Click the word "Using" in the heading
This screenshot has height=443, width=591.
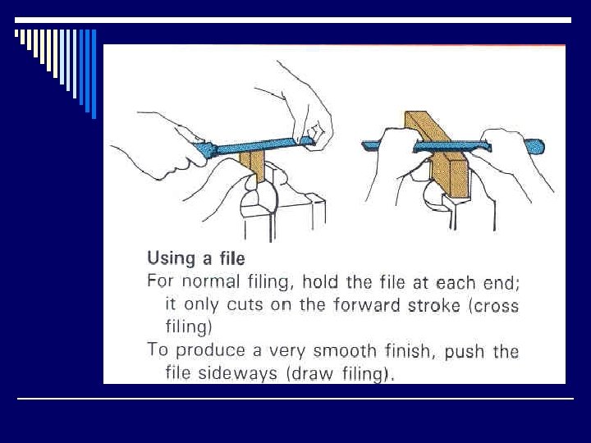tap(172, 259)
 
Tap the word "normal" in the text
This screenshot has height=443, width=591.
tap(211, 281)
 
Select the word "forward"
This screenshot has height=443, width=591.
tap(366, 304)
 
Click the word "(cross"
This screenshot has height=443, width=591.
tap(494, 305)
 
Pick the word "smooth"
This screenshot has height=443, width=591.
tap(345, 351)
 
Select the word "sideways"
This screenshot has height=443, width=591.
tap(237, 373)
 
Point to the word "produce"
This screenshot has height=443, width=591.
tap(210, 351)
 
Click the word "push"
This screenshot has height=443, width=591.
tap(465, 351)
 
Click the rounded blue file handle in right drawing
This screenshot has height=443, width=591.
tap(534, 147)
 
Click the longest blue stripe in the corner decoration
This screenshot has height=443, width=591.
tap(94, 74)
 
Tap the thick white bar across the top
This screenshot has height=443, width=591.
tap(293, 20)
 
